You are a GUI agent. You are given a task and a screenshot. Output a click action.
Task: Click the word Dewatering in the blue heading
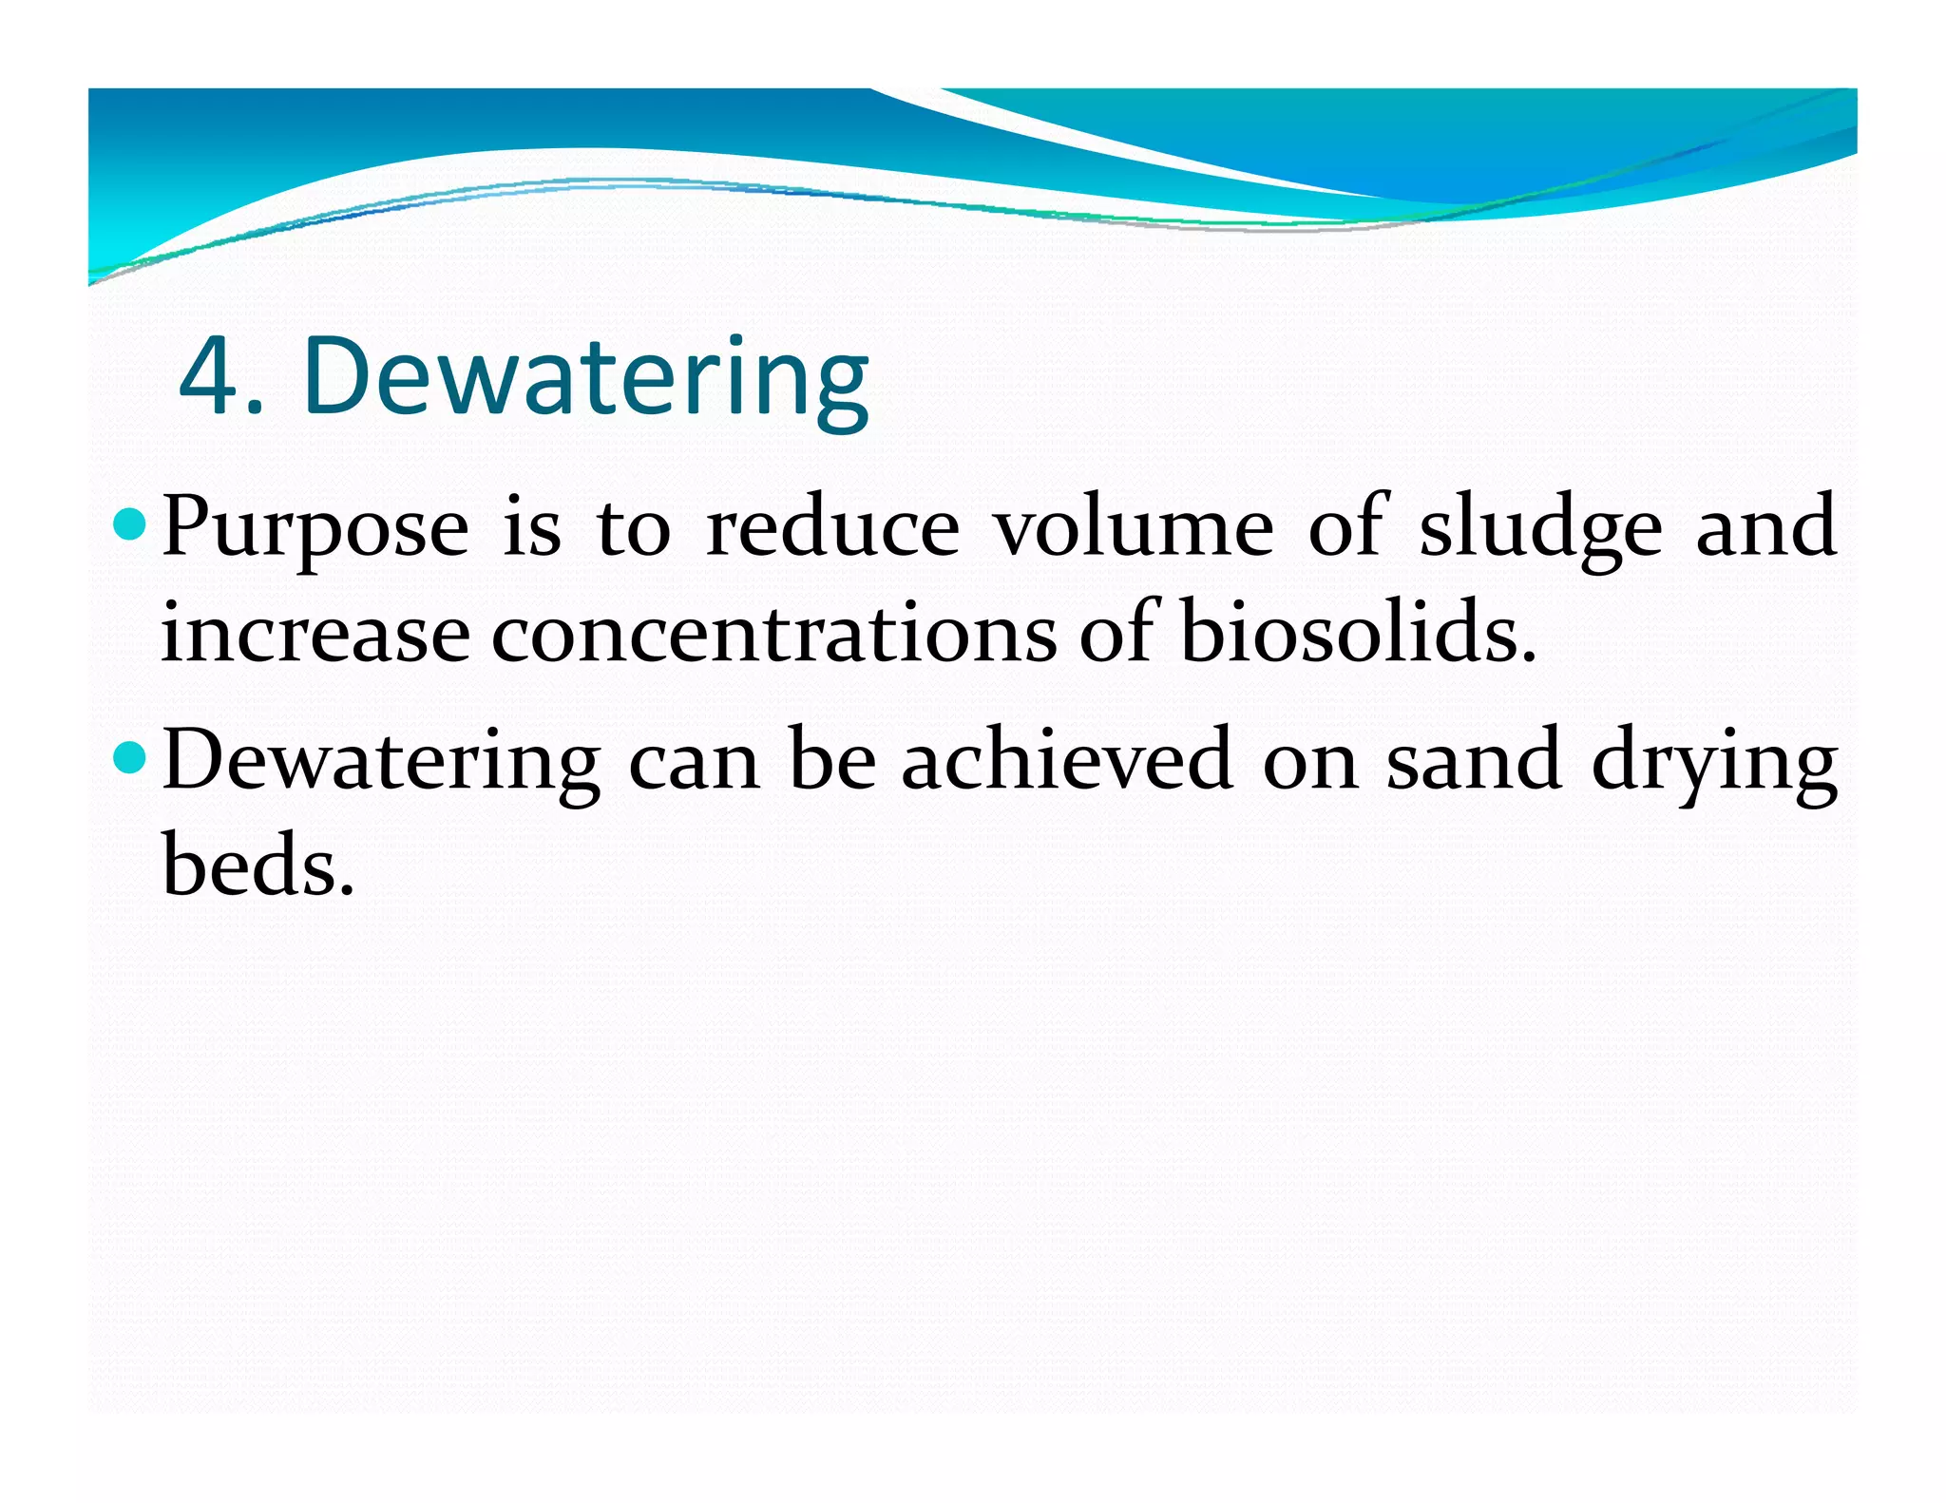point(585,377)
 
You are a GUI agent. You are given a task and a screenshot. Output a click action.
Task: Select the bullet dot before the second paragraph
point(128,757)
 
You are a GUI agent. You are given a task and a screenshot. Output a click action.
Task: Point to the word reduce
point(833,528)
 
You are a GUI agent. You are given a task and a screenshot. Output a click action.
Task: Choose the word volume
point(1133,528)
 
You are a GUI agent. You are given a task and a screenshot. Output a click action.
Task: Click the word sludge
point(1540,528)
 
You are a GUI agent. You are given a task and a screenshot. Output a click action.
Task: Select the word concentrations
point(773,633)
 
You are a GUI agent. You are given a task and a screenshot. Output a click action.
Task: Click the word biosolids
point(1357,633)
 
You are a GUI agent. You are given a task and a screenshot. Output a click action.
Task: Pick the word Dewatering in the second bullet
point(381,762)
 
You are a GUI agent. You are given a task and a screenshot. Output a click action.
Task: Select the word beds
point(257,866)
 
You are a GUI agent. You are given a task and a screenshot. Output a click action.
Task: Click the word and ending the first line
point(1765,528)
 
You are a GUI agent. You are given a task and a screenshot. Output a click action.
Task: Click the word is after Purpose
point(532,528)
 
